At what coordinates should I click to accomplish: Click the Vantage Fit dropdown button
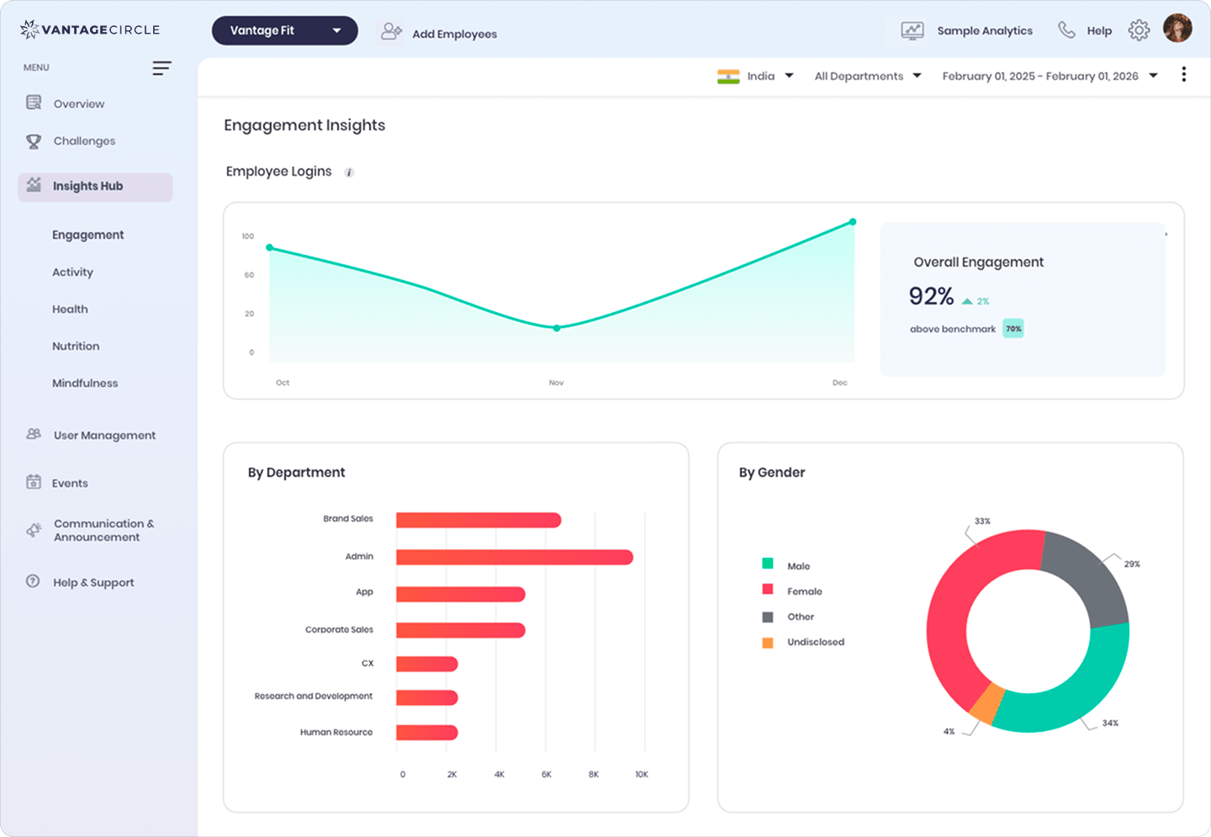pyautogui.click(x=284, y=31)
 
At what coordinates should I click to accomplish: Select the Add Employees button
pyautogui.click(x=439, y=34)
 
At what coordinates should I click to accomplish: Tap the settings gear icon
pyautogui.click(x=1139, y=31)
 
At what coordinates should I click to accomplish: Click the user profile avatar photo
pyautogui.click(x=1177, y=29)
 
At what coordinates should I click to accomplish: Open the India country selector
pyautogui.click(x=755, y=77)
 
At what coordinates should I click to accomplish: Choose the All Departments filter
pyautogui.click(x=867, y=77)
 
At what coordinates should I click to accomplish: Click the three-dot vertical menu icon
pyautogui.click(x=1183, y=75)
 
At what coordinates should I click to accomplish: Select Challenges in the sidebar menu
pyautogui.click(x=84, y=141)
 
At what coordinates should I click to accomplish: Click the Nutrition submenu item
pyautogui.click(x=76, y=347)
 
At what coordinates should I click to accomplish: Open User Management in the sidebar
pyautogui.click(x=104, y=436)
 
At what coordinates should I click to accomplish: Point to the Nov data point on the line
pyautogui.click(x=557, y=328)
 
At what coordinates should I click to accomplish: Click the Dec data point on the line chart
pyautogui.click(x=853, y=222)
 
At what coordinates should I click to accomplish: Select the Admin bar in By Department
pyautogui.click(x=514, y=557)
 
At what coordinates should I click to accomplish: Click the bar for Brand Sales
pyautogui.click(x=478, y=521)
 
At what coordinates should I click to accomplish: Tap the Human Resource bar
pyautogui.click(x=426, y=733)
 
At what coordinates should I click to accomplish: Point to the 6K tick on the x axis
pyautogui.click(x=547, y=775)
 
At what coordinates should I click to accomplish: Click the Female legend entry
pyautogui.click(x=804, y=591)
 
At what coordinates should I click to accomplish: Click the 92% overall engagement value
pyautogui.click(x=931, y=297)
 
